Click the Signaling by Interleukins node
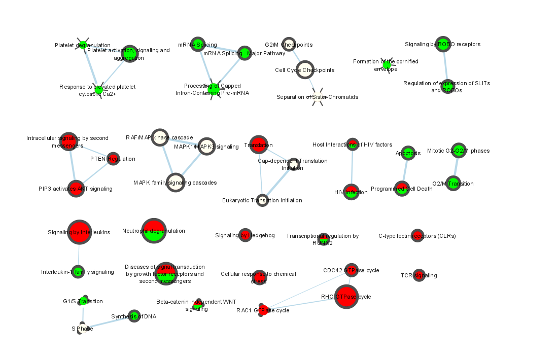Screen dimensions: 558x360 point(79,233)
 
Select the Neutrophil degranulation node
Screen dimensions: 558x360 point(154,231)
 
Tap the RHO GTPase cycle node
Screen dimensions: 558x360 point(346,297)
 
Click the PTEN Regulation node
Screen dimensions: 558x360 point(113,159)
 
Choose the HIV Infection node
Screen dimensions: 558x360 point(352,192)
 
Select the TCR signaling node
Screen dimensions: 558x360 point(419,275)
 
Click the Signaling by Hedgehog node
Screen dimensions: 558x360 point(245,235)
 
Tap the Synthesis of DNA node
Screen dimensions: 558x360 point(134,316)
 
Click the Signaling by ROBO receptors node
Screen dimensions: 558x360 point(443,44)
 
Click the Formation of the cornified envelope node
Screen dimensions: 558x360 point(387,65)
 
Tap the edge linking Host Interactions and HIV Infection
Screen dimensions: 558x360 point(352,168)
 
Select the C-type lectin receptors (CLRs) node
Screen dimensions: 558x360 point(417,236)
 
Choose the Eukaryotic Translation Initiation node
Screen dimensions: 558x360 point(262,200)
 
